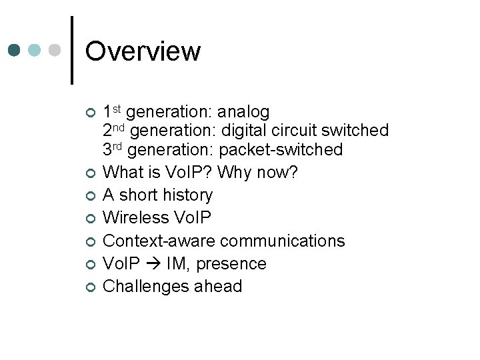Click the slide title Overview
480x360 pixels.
pyautogui.click(x=143, y=51)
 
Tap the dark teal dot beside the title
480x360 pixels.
pyautogui.click(x=14, y=51)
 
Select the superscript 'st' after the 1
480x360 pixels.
pyautogui.click(x=117, y=107)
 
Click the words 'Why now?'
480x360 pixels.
pyautogui.click(x=257, y=172)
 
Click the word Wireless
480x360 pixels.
pyautogui.click(x=138, y=217)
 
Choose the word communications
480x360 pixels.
pyautogui.click(x=283, y=240)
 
